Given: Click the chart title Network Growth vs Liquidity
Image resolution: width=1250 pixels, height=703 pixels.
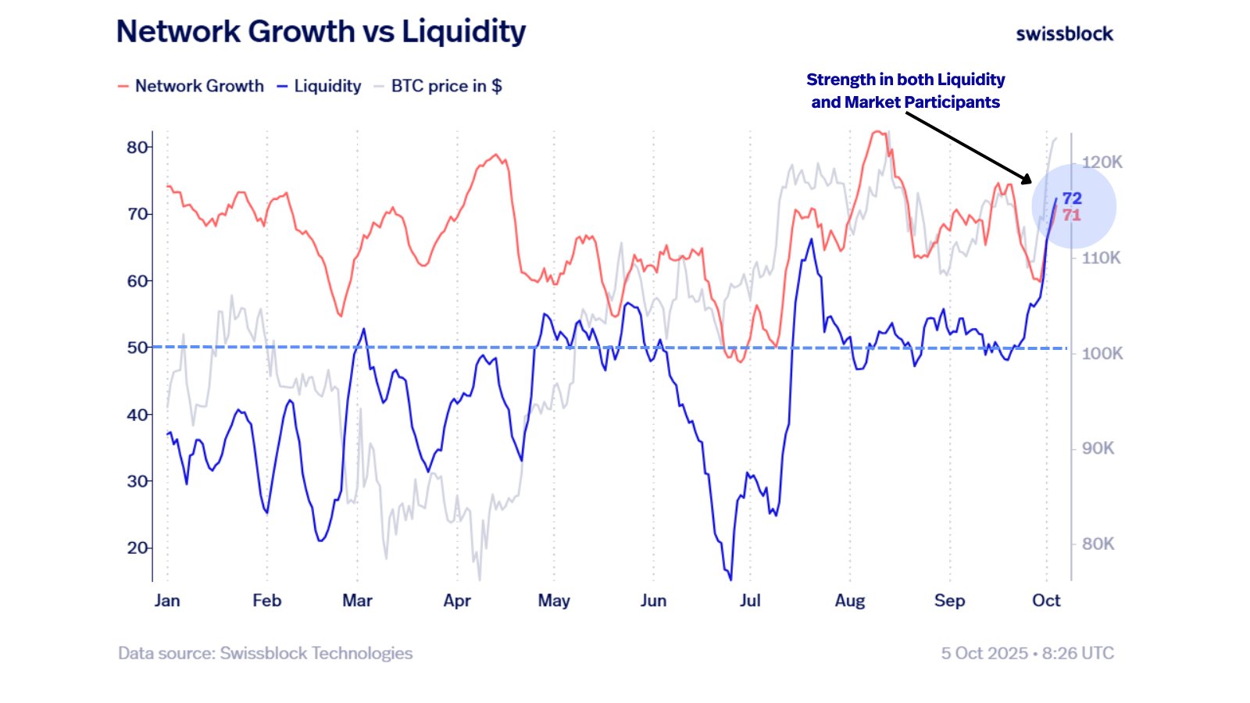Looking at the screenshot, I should coord(321,32).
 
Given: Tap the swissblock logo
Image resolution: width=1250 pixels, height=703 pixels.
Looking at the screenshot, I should coord(1064,34).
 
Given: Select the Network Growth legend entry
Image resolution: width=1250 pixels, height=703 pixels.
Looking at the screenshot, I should coord(191,86).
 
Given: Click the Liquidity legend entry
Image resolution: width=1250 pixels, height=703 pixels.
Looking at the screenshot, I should coord(320,86).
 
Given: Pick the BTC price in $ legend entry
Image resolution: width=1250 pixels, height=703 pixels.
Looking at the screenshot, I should coord(438,86).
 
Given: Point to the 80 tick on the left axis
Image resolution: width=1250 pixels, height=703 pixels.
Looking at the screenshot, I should coord(137,147).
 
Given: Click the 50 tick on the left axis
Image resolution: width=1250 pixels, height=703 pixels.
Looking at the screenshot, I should coord(137,348).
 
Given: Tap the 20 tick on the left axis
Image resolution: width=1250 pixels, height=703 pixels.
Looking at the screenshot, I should coord(137,548).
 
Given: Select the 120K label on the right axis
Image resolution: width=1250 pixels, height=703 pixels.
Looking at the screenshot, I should coord(1102,162).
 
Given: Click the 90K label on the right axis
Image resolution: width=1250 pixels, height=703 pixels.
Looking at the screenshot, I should coord(1098,448).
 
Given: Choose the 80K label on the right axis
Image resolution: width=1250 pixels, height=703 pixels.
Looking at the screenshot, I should coord(1098,544).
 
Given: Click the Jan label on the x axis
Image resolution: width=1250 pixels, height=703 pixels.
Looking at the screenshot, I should coord(167,601).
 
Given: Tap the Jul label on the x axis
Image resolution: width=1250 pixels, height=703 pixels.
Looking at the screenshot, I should coord(750,601).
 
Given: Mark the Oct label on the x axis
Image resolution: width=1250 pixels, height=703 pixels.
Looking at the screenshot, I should coord(1046,601).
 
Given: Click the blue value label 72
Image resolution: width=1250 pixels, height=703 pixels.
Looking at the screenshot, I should coord(1072,198).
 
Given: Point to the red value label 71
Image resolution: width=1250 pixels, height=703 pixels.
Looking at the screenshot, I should coord(1072,215).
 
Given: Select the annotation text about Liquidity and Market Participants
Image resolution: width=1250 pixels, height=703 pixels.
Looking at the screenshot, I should coord(905,91).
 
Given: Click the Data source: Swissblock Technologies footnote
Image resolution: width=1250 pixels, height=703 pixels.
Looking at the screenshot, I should coord(265,653).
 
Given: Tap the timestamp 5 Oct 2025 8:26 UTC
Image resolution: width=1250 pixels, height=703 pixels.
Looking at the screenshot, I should coord(1027,653).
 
